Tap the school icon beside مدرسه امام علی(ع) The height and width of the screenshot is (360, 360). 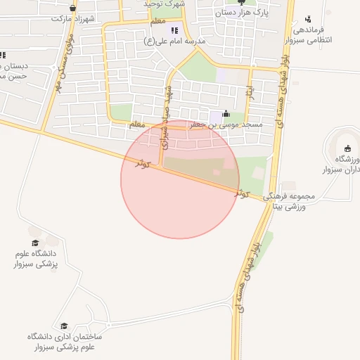[x=175, y=30]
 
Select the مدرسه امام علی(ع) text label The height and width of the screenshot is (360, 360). [x=175, y=41]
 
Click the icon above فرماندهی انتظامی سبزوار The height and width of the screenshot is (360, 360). [x=308, y=20]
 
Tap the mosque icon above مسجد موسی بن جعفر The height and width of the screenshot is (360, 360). [x=225, y=114]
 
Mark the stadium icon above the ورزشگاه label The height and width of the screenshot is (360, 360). [x=347, y=148]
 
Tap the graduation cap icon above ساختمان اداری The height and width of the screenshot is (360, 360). [x=65, y=326]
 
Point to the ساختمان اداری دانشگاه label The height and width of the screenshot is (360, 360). [x=65, y=342]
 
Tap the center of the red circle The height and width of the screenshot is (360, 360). [x=180, y=179]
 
